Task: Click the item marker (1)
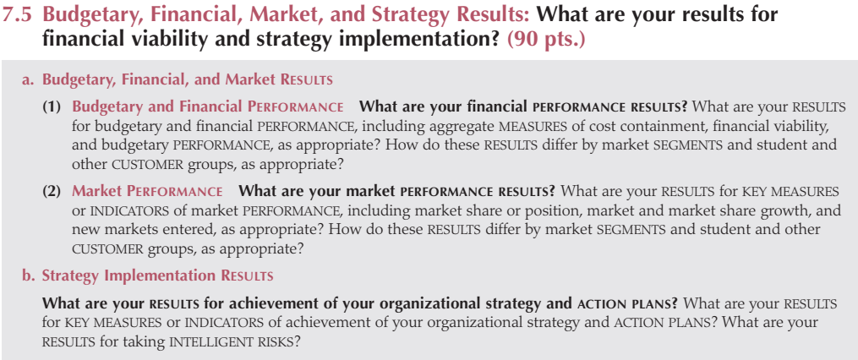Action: tap(52, 106)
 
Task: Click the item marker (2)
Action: tap(52, 192)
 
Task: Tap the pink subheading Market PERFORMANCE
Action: tap(147, 192)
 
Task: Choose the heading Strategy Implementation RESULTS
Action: tap(157, 275)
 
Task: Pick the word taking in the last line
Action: tap(146, 343)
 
